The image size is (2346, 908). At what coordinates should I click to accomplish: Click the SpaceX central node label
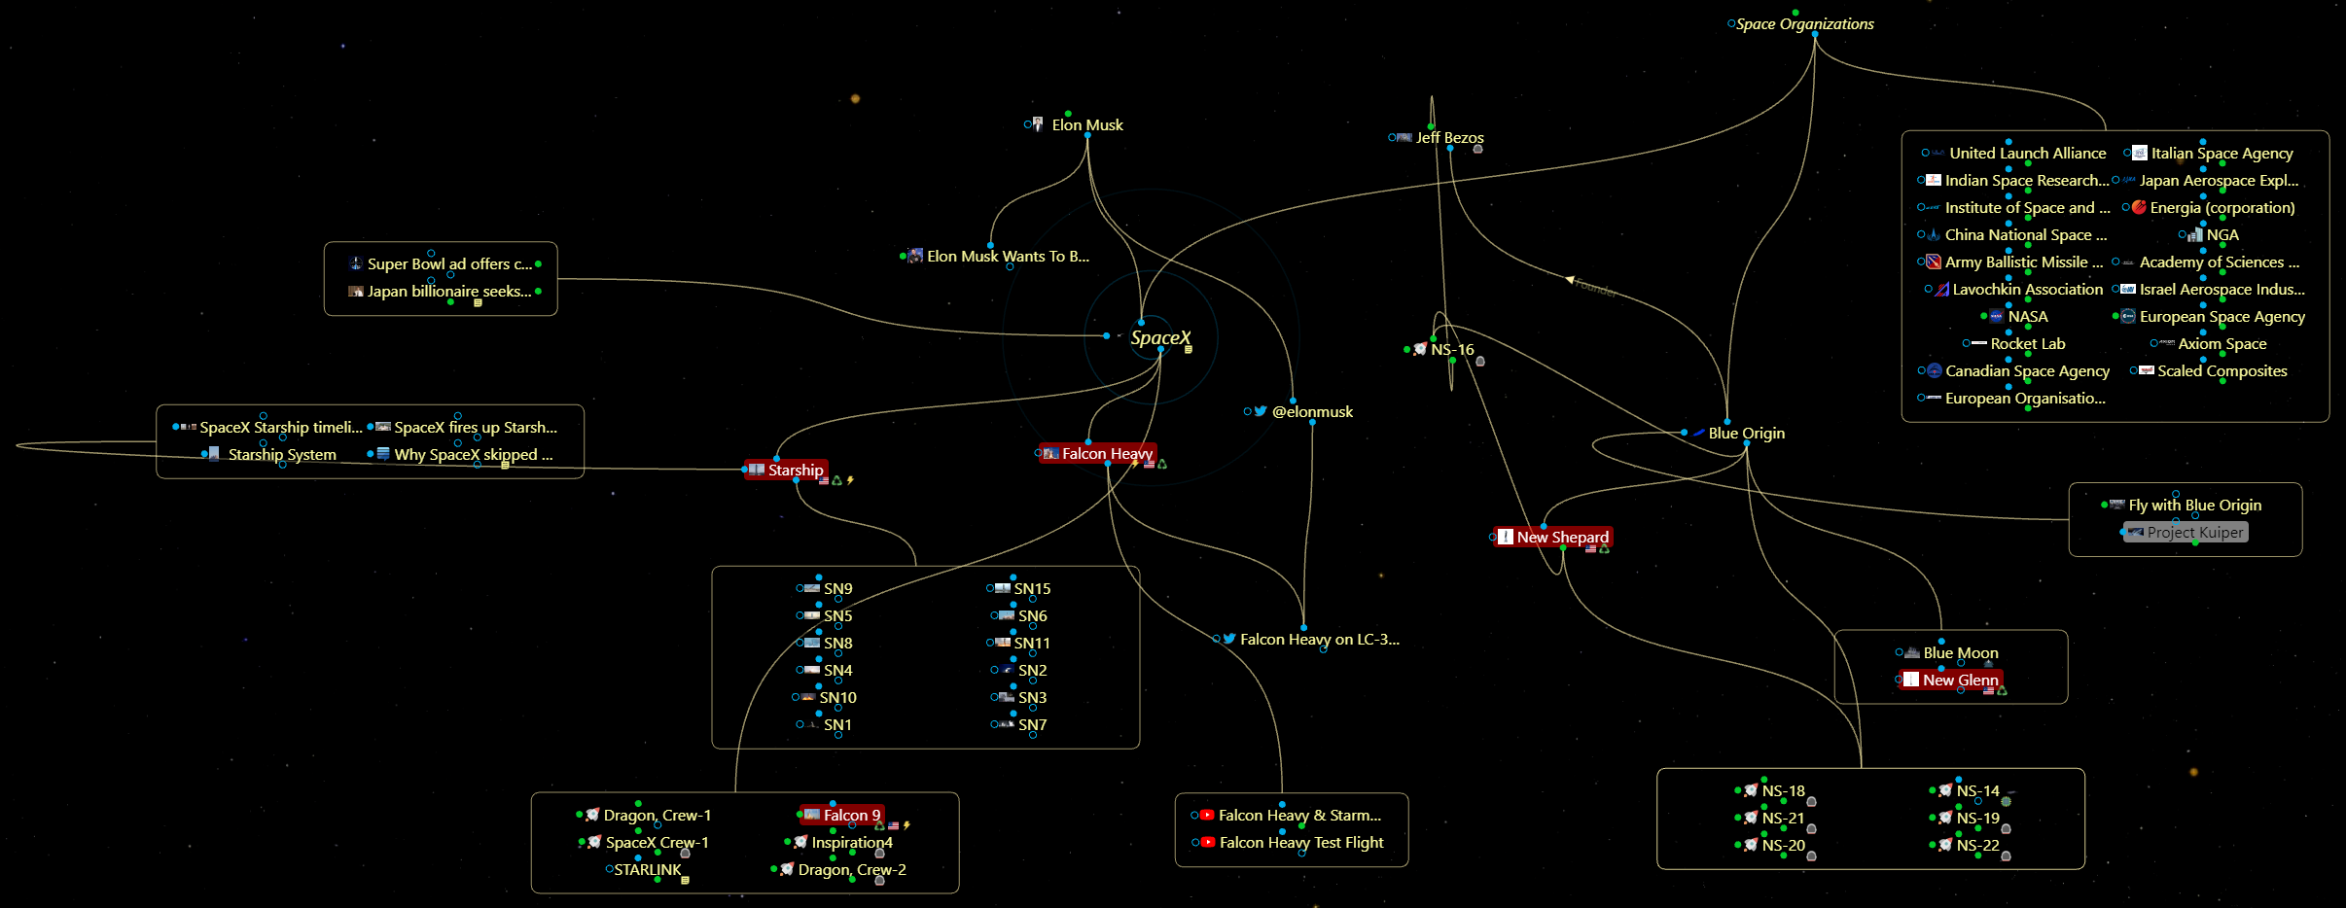coord(1159,338)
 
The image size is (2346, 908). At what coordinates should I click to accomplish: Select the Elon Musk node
coord(1086,125)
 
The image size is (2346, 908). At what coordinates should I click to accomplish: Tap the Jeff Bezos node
coord(1449,138)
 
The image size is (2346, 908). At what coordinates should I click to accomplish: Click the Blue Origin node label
coord(1746,434)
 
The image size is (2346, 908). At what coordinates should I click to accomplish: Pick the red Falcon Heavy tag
coord(1106,454)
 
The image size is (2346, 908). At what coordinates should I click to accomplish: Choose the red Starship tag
coord(795,471)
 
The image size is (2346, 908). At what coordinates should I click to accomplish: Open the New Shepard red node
coord(1562,538)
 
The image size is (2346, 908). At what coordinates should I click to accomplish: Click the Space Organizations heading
coord(1804,24)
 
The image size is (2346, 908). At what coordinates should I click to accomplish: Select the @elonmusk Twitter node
coord(1312,412)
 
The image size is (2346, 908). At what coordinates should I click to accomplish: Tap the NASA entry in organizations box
coord(2027,317)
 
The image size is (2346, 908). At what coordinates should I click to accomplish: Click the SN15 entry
coord(1031,589)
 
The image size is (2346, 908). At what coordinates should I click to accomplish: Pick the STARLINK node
coord(648,870)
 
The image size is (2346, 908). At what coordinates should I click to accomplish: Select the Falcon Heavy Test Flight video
coord(1300,843)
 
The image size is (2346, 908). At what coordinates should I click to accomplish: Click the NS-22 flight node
coord(1977,846)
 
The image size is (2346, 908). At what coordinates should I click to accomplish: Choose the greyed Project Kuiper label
coord(2194,533)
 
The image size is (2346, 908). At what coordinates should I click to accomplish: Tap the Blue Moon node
coord(1960,653)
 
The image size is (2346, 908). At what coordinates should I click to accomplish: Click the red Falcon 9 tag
coord(851,816)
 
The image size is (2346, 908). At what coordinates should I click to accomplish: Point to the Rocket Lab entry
coord(2027,344)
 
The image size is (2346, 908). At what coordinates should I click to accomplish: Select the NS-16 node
coord(1451,350)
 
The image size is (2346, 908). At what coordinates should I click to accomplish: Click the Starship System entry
coord(282,455)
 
